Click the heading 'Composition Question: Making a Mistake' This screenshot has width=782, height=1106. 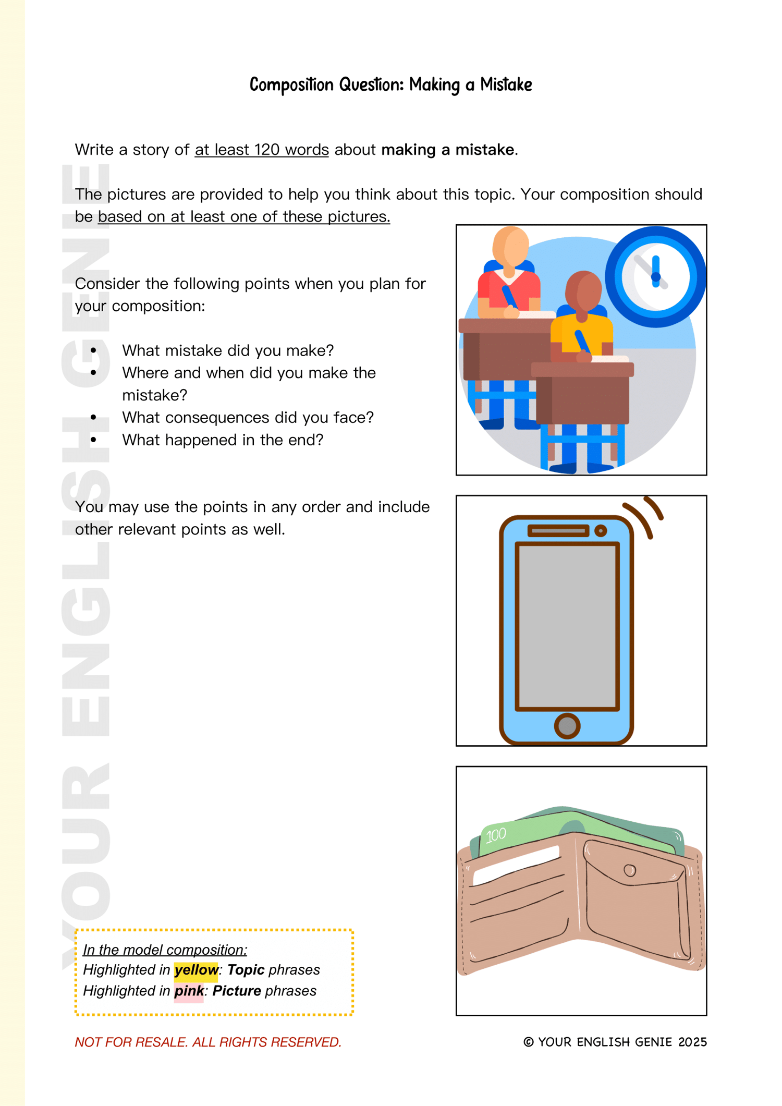click(390, 84)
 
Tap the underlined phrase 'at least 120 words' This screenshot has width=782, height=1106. click(262, 150)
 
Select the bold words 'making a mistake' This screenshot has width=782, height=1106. click(448, 150)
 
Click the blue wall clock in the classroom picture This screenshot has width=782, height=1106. click(655, 277)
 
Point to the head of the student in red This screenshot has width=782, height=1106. click(510, 246)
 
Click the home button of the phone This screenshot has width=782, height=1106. click(567, 725)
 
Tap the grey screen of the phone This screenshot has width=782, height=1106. click(567, 626)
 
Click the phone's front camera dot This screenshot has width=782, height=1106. click(601, 531)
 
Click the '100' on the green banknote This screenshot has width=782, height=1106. click(496, 835)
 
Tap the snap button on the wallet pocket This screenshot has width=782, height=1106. click(630, 870)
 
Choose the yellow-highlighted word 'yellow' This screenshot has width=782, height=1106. click(196, 970)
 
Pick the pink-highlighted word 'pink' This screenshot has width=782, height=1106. click(189, 991)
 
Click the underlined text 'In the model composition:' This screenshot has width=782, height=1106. click(165, 950)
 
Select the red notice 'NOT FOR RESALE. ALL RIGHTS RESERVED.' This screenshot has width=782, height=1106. click(208, 1042)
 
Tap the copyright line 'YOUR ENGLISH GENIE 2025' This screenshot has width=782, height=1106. click(615, 1042)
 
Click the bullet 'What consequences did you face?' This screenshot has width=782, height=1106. click(248, 417)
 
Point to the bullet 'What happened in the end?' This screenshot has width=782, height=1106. click(223, 440)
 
